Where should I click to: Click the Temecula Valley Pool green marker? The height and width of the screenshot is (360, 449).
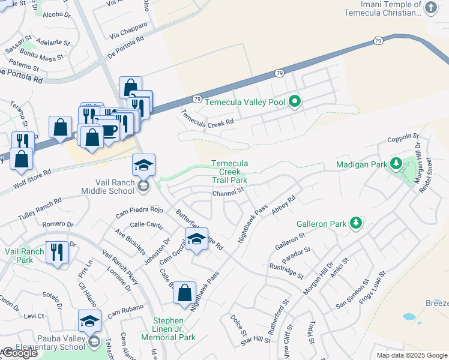tap(294, 102)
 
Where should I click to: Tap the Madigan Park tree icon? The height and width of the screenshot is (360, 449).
tap(396, 163)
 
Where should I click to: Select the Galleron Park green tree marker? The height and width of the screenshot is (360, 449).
tap(355, 223)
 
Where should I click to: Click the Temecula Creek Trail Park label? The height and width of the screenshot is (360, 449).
tap(229, 172)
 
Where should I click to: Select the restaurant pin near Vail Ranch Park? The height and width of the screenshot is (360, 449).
tap(58, 252)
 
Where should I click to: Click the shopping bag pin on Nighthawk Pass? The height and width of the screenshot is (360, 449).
tap(185, 293)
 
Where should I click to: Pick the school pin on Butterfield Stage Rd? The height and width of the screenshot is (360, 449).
tap(196, 239)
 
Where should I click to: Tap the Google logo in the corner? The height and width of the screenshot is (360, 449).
tap(19, 353)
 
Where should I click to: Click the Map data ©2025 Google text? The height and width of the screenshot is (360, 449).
tap(411, 355)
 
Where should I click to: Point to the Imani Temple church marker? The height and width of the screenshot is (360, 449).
tap(430, 8)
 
